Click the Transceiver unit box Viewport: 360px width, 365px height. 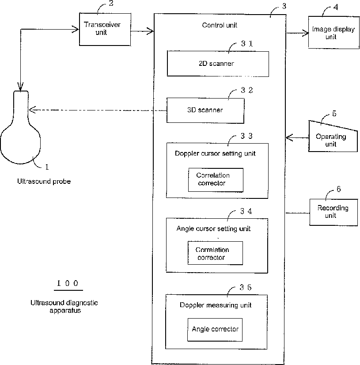click(x=105, y=29)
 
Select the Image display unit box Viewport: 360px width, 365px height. click(x=333, y=32)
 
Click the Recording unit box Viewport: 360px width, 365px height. click(x=333, y=212)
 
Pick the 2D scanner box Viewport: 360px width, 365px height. click(x=218, y=64)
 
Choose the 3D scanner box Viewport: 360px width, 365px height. click(x=205, y=110)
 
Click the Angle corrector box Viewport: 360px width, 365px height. click(x=215, y=330)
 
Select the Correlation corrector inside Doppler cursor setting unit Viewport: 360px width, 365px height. click(x=216, y=180)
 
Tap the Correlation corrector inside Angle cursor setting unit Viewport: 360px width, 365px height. click(x=215, y=253)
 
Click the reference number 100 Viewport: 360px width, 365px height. click(x=68, y=283)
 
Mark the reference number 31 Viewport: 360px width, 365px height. click(x=247, y=44)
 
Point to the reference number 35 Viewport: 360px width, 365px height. click(x=246, y=288)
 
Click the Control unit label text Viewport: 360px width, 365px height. click(x=220, y=25)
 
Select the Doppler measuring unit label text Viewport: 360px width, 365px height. click(x=216, y=305)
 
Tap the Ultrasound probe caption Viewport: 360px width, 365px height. click(x=44, y=181)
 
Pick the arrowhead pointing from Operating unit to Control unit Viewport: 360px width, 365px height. click(x=289, y=138)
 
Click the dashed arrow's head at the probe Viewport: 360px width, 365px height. click(x=32, y=110)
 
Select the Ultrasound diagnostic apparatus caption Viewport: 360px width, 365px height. click(x=64, y=307)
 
